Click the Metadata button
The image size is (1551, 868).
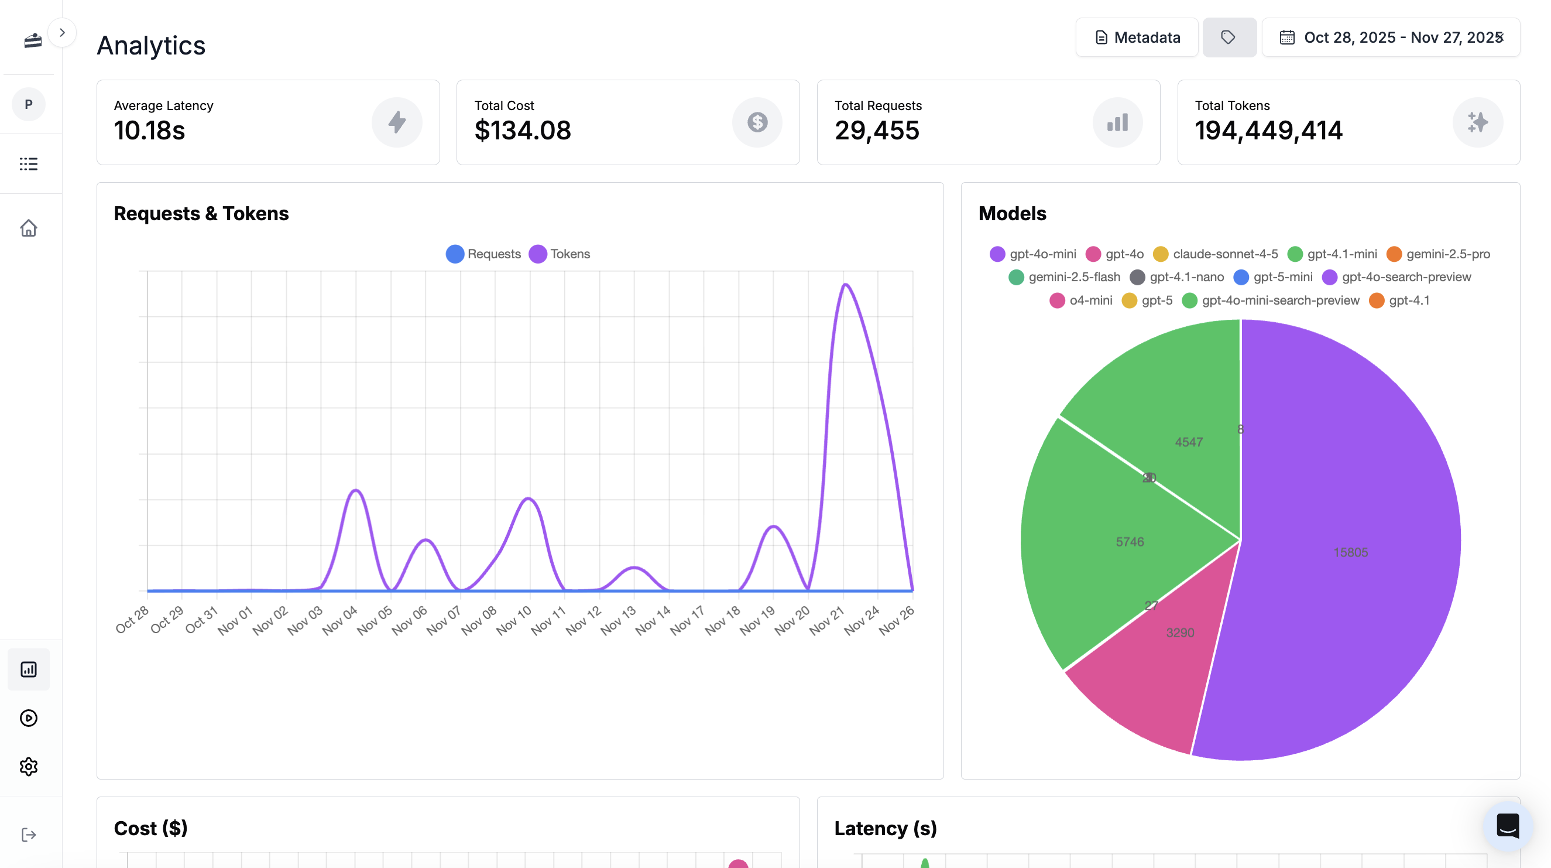[x=1137, y=37]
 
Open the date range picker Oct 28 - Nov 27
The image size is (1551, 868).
[x=1391, y=37]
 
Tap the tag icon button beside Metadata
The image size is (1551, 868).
[x=1229, y=37]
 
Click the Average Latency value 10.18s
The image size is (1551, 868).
[x=149, y=131]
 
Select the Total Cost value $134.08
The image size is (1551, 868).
[x=522, y=131]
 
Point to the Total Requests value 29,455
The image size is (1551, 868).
[x=877, y=131]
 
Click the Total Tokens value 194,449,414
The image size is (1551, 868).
[x=1269, y=131]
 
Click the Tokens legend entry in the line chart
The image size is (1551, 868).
[x=560, y=254]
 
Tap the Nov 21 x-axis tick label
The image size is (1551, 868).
[x=827, y=620]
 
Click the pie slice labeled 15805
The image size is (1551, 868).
[x=1350, y=552]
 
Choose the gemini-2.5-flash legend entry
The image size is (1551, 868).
[x=1065, y=277]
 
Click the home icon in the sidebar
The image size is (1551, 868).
[x=28, y=228]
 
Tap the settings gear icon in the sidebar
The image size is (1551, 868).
[x=28, y=767]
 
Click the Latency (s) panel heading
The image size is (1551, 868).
[x=885, y=828]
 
